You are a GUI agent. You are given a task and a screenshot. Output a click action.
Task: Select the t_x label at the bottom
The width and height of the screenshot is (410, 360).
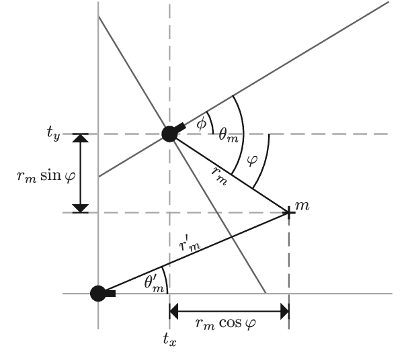[x=170, y=339]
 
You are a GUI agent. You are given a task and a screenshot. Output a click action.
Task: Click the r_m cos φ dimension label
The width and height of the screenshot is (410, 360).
[x=229, y=324]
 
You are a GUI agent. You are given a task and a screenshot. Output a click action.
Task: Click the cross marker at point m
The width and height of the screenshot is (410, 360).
[x=289, y=212]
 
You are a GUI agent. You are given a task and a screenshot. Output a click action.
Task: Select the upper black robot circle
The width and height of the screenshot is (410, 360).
[x=170, y=134]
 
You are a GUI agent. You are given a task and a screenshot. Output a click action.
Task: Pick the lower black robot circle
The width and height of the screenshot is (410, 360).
[x=98, y=293]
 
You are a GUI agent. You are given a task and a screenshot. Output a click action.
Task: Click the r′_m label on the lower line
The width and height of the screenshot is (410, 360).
[x=190, y=245]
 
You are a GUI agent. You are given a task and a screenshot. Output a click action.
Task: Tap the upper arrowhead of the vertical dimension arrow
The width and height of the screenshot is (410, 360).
[x=81, y=138]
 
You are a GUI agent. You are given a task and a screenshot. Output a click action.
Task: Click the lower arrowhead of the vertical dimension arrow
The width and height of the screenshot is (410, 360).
[x=81, y=208]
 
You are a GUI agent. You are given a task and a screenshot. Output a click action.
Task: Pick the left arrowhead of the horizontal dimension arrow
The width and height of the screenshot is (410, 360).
[x=175, y=310]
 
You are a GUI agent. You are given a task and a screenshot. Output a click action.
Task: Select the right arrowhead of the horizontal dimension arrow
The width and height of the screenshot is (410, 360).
[x=284, y=310]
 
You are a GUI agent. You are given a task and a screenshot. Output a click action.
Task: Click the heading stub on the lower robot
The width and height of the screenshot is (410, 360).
[x=110, y=293]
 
